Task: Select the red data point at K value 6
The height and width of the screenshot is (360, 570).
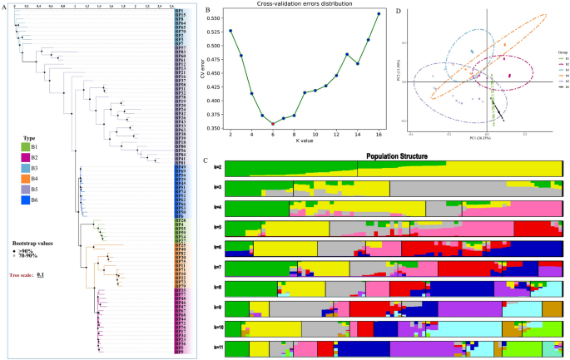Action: click(x=273, y=124)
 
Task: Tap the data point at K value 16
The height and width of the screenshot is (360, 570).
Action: click(x=379, y=13)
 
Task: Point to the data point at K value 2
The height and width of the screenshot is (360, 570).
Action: click(x=230, y=31)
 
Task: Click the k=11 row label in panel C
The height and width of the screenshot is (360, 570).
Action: click(x=217, y=348)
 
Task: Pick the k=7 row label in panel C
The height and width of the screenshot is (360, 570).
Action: click(x=217, y=269)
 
